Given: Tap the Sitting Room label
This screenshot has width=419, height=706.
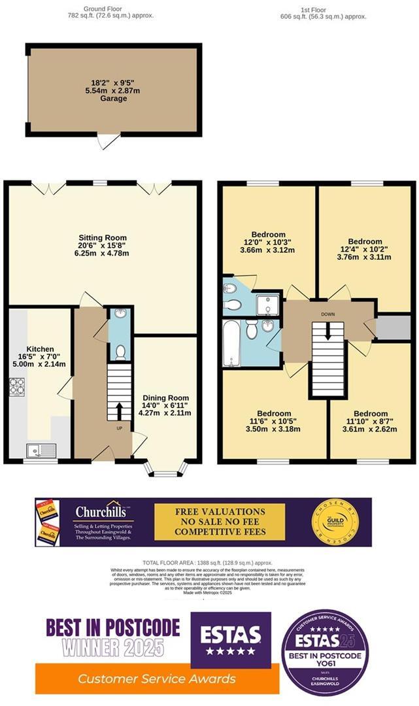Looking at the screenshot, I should (x=103, y=237).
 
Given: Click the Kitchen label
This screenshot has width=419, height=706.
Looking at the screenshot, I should (x=40, y=349).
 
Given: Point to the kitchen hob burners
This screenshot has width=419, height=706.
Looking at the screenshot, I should (x=16, y=387).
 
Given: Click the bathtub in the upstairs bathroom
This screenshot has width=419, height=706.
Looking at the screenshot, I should (x=231, y=343).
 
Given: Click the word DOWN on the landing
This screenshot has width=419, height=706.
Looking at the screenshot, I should (x=328, y=314).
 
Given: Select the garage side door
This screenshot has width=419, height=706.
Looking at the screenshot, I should (x=107, y=140).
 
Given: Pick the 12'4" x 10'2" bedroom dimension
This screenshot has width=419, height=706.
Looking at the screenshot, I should (x=364, y=249).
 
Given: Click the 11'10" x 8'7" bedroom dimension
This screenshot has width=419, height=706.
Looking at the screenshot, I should (x=370, y=422).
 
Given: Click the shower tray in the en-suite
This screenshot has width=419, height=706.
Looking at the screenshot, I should (x=266, y=305).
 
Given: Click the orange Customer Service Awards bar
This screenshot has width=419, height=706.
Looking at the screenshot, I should (x=156, y=679).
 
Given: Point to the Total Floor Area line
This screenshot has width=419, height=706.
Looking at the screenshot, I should (x=207, y=563).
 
